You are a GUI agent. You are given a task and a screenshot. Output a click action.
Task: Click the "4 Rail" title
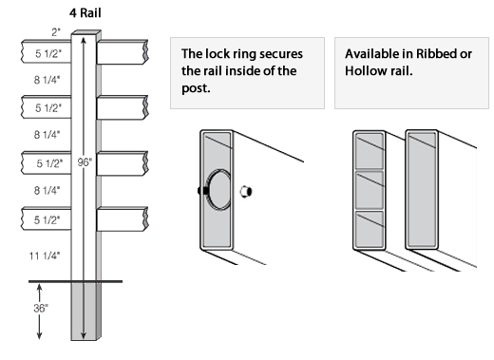click(x=85, y=13)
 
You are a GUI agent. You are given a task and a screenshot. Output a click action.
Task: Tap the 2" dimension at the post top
click(x=56, y=32)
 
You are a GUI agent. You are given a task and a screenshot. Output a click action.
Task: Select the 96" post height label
click(x=85, y=162)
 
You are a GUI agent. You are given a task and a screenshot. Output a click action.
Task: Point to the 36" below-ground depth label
click(x=41, y=308)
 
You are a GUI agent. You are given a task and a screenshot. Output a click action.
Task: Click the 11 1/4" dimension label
click(x=45, y=256)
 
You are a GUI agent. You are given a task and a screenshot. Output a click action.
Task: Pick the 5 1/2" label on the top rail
click(x=48, y=53)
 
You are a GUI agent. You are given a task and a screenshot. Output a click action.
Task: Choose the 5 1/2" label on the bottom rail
click(x=47, y=219)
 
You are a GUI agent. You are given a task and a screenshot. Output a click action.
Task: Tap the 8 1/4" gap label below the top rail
click(x=47, y=80)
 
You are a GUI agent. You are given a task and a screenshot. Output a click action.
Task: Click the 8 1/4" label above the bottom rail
click(x=47, y=190)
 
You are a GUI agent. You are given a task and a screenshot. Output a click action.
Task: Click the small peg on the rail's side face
click(x=246, y=192)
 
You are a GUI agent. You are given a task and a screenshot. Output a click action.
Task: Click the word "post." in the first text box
click(x=196, y=88)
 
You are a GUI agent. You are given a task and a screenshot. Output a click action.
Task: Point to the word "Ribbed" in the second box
click(x=436, y=54)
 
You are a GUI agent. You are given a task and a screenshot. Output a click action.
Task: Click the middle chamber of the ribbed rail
click(x=370, y=190)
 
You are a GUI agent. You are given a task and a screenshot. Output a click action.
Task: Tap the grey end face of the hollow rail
click(x=422, y=190)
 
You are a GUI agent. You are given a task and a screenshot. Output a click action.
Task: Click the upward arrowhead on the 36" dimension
click(x=39, y=288)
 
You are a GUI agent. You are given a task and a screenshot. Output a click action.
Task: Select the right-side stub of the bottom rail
click(x=123, y=219)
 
